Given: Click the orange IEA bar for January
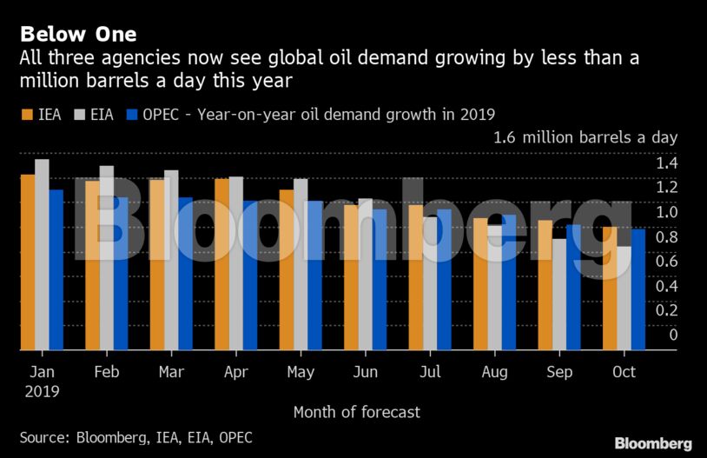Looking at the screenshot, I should coord(28,262).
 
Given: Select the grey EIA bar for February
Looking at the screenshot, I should coord(107,258).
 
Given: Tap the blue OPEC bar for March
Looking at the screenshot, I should coord(185,274).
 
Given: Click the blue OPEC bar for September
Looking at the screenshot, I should coord(573,288).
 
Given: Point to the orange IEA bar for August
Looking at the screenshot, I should coord(480,284).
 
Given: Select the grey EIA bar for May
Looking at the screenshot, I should coord(301,264).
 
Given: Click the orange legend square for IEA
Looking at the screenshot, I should coord(26,114).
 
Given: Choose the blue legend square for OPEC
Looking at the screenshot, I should coord(132,114).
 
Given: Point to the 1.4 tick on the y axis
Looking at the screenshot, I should coord(667,163).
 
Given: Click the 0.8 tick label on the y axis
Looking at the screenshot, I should coord(667,236).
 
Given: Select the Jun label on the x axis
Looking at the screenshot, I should coord(365,372).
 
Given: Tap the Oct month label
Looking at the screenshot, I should coord(624,372).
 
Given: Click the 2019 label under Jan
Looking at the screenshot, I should coord(42,391).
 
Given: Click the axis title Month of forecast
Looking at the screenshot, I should coord(356,412).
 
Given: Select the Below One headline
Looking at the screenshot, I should coord(78,35).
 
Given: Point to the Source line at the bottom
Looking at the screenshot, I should coord(136,437).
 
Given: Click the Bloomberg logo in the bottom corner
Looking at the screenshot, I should coord(653,443).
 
